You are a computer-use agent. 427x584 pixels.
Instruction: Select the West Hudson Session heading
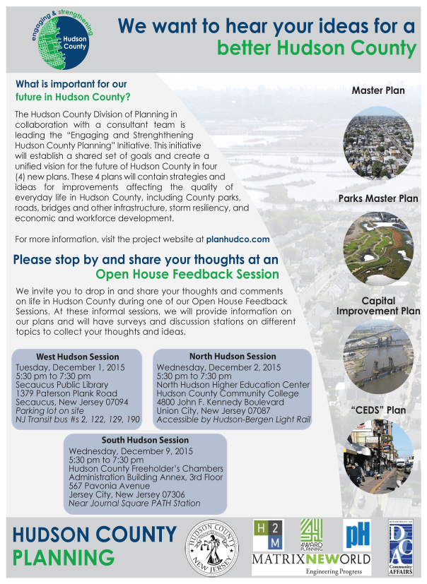coord(78,357)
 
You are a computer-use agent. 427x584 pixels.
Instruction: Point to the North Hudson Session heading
coord(233,357)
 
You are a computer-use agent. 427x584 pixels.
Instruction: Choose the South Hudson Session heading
coord(145,440)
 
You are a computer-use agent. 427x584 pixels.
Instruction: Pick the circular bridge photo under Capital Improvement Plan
coord(378,357)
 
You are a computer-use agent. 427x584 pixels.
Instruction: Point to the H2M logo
coord(267,536)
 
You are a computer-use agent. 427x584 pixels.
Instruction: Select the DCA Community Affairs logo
coord(399,547)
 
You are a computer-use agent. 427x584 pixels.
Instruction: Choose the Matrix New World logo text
coord(312,561)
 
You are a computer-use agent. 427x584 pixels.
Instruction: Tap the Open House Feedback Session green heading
coord(187,274)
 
